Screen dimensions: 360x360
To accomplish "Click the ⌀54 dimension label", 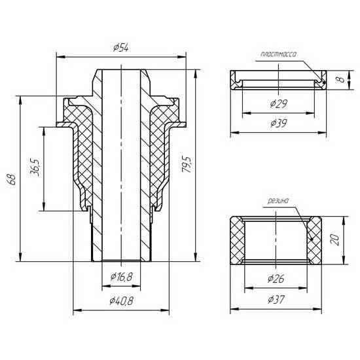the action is coord(121,48).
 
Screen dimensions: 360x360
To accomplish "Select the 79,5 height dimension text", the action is coord(187,164).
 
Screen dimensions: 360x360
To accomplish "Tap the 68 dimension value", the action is coord(12,179).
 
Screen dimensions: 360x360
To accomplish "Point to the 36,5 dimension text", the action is coord(35,167).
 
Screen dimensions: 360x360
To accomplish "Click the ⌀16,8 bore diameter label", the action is coord(121,277).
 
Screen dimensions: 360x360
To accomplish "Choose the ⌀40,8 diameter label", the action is coord(121,301).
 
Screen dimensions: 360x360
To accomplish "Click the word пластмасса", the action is coord(278,54).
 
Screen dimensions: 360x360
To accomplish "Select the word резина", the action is coord(278,201).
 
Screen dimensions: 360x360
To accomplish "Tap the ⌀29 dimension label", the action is coord(278,104).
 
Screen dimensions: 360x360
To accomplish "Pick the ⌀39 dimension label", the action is coord(278,123).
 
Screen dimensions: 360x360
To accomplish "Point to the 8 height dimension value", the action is coord(342,79).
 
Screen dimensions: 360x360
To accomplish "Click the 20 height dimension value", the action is coord(335,240).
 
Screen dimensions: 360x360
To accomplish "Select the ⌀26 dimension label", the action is coord(276,279).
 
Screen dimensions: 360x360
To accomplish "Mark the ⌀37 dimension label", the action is coord(276,300).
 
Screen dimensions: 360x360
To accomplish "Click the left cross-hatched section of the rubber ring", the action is coord(237,240).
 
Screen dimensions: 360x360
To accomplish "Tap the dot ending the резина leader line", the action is coord(312,239).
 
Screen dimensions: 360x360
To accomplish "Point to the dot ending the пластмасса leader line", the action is coord(324,82).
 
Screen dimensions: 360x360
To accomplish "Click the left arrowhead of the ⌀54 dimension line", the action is coord(60,56).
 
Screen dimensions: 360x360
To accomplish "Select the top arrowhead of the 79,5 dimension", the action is coord(196,73).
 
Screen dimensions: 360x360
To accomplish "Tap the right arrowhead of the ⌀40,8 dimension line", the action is coord(166,310).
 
